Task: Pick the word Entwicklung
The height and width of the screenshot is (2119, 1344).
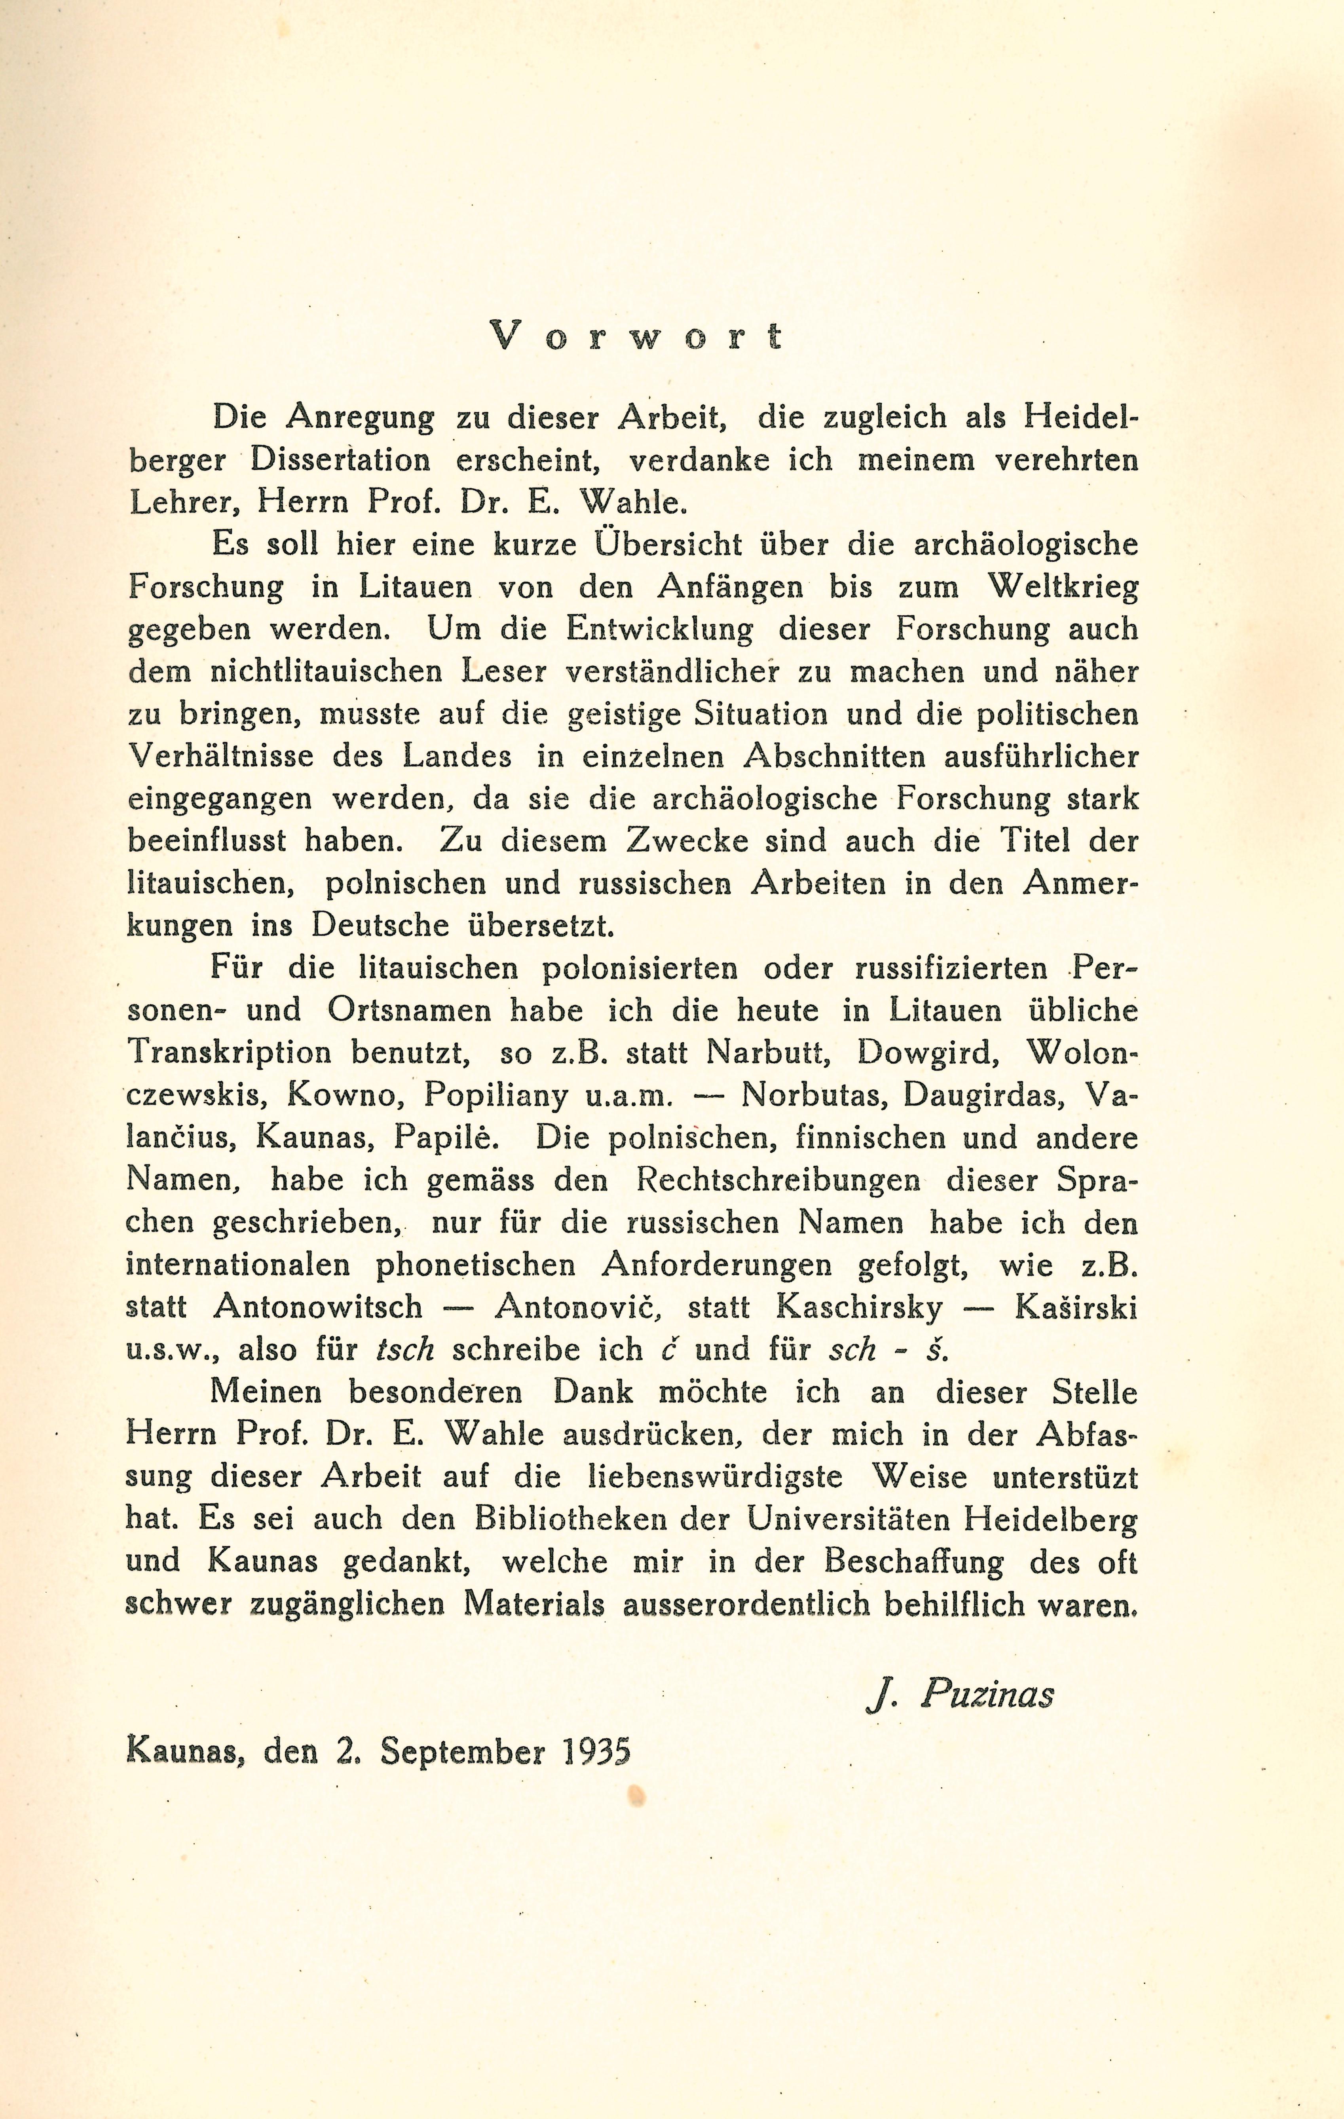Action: [x=660, y=629]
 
